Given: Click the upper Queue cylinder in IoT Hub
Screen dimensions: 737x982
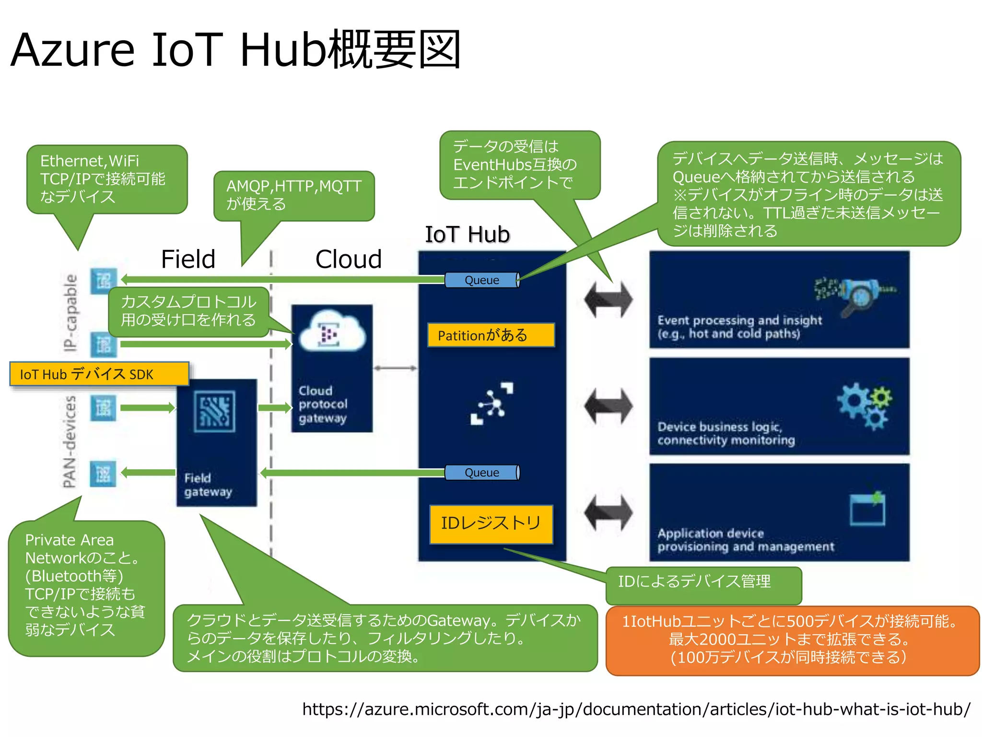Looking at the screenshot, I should [482, 280].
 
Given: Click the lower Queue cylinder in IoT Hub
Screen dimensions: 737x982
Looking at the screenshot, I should [482, 473].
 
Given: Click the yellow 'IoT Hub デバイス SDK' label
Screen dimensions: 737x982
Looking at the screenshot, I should [99, 374].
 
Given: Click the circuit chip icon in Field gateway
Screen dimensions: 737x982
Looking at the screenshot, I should [215, 411].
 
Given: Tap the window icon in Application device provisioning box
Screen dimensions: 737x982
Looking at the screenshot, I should [867, 509].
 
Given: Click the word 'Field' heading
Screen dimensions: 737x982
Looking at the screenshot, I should [188, 259].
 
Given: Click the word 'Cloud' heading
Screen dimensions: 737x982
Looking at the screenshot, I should [349, 259].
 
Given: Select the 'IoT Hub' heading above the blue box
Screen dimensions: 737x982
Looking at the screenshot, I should [468, 235].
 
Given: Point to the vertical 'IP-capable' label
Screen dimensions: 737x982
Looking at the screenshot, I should [70, 312].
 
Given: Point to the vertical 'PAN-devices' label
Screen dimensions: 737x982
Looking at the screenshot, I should [70, 441].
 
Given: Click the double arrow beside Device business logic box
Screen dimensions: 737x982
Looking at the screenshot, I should [608, 406].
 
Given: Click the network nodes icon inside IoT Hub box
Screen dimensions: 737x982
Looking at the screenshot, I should [492, 404].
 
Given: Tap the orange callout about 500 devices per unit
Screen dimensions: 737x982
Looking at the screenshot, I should [792, 640].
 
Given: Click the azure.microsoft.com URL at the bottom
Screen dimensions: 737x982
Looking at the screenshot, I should [636, 709].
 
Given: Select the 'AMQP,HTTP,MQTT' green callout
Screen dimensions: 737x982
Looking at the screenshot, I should [293, 195].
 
